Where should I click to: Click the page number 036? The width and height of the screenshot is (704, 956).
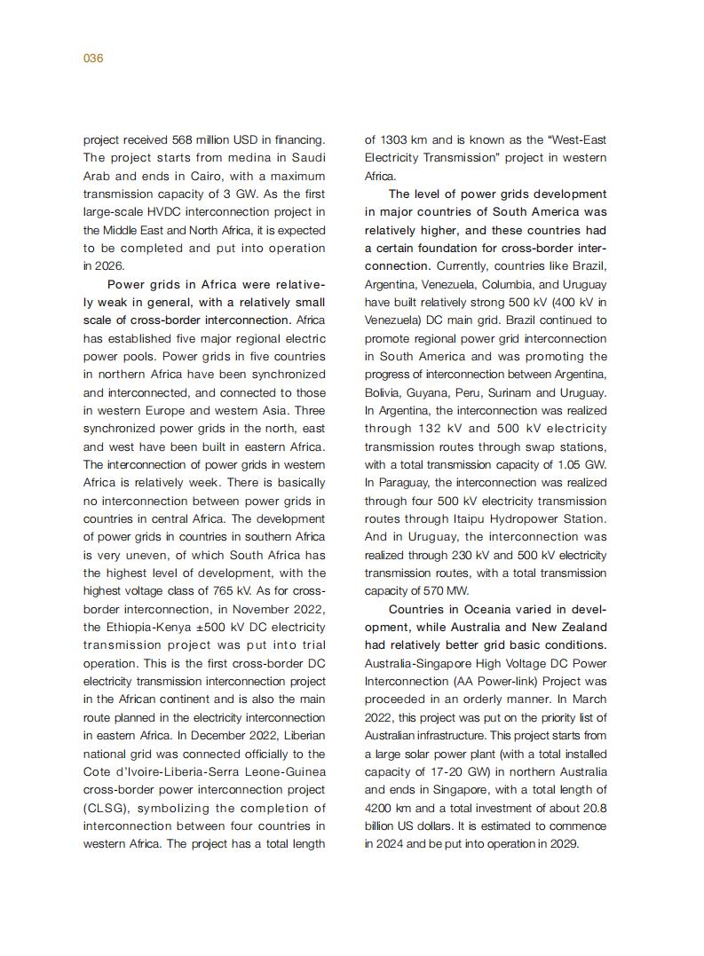(x=93, y=59)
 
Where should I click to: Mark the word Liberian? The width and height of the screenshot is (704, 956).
(x=302, y=735)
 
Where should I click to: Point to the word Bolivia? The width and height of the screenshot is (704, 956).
(x=383, y=392)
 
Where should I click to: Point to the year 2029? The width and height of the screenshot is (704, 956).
(x=563, y=844)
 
